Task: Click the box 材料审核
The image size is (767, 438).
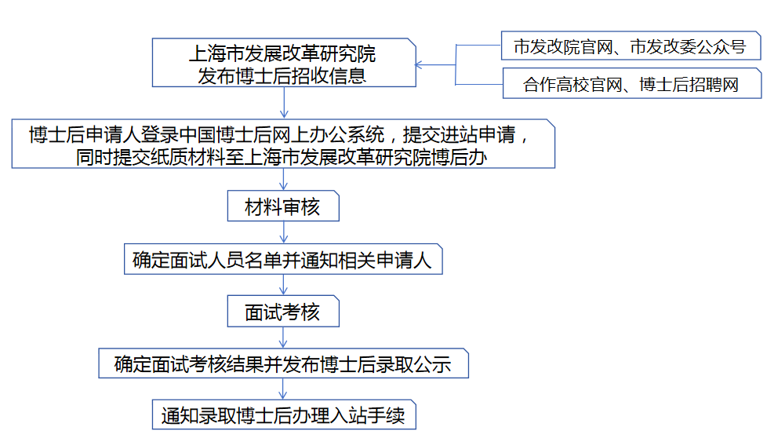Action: (x=283, y=207)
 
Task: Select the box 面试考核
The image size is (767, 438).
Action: (x=283, y=312)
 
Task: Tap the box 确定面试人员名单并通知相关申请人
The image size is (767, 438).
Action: (x=283, y=259)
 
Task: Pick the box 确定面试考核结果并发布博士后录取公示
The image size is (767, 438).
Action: (x=283, y=364)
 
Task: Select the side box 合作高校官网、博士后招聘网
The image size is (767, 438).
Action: (x=631, y=84)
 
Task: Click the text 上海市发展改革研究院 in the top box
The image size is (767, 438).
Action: (x=282, y=54)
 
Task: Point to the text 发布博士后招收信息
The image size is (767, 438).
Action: (x=282, y=75)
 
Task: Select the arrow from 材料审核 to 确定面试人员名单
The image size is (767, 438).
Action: (x=284, y=232)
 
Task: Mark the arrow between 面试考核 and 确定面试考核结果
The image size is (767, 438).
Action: (x=284, y=338)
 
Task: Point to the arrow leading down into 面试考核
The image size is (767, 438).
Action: (x=284, y=285)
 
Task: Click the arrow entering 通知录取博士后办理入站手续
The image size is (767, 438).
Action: (x=284, y=389)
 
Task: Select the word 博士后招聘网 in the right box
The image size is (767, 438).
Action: (x=689, y=84)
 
